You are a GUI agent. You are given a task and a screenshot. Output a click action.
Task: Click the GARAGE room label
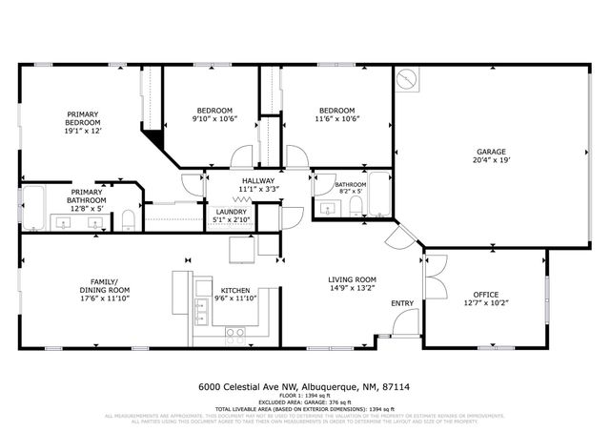pyautogui.click(x=491, y=152)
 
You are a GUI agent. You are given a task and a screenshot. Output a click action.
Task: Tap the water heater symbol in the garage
pyautogui.click(x=407, y=78)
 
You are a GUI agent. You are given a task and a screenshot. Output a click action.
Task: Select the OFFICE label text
pyautogui.click(x=486, y=294)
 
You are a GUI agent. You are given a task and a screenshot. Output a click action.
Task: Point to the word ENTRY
pyautogui.click(x=402, y=304)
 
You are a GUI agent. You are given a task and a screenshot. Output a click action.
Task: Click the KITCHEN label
pyautogui.click(x=235, y=290)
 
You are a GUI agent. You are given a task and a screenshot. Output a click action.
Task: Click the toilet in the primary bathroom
pyautogui.click(x=128, y=223)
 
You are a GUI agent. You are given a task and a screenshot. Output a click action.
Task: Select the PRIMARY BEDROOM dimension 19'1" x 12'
pyautogui.click(x=82, y=132)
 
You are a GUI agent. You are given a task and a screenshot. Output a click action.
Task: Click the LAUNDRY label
pyautogui.click(x=231, y=212)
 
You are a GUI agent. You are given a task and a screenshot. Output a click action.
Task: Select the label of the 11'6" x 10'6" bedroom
pyautogui.click(x=337, y=119)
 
